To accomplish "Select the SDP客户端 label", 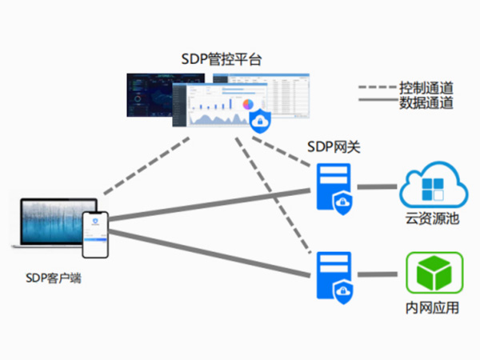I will pos(53,279).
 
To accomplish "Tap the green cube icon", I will pos(432,273).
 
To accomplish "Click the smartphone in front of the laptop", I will pos(95,234).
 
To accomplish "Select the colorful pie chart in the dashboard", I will pos(248,105).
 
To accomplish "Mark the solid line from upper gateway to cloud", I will pos(377,187).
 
